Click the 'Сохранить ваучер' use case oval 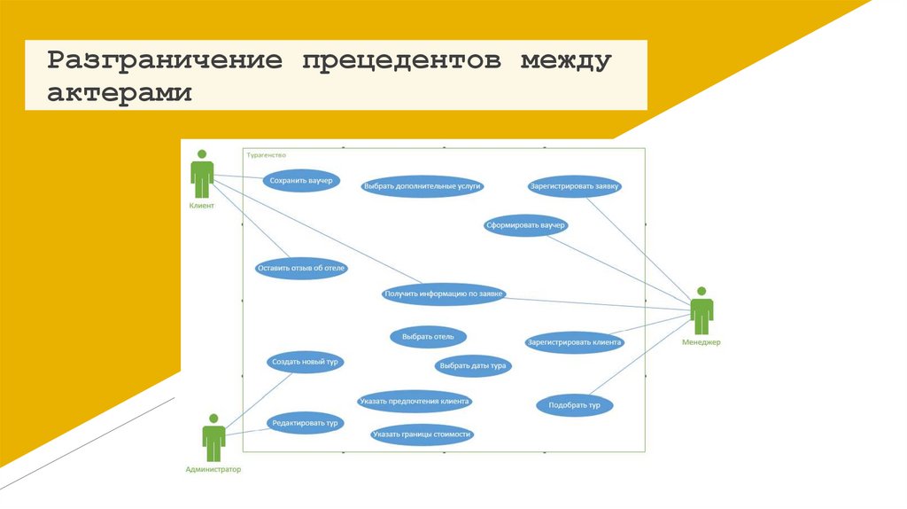click(x=301, y=181)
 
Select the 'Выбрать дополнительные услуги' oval click(x=422, y=186)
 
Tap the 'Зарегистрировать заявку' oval click(x=575, y=186)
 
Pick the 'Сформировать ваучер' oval click(x=525, y=225)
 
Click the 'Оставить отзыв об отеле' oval click(x=301, y=268)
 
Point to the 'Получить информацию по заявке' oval click(x=444, y=294)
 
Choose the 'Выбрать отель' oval click(x=428, y=337)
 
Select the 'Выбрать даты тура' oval click(x=473, y=364)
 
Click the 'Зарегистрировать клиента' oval click(x=575, y=341)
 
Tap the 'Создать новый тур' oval click(x=305, y=362)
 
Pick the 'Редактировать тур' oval click(x=305, y=423)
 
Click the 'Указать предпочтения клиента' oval click(x=415, y=401)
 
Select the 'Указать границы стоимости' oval click(x=422, y=435)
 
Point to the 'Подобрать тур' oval click(x=575, y=405)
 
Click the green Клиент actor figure click(x=202, y=174)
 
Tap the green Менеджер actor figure click(x=702, y=310)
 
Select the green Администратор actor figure click(x=213, y=437)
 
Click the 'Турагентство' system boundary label click(x=267, y=154)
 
